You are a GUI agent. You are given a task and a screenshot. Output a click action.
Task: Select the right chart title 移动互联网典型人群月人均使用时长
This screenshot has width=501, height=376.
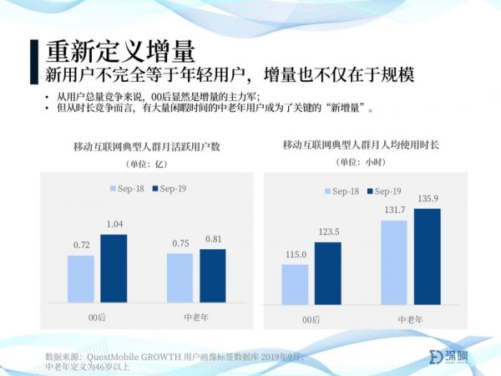(361, 145)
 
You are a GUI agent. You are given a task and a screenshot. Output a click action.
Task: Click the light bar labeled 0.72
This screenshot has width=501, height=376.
(81, 278)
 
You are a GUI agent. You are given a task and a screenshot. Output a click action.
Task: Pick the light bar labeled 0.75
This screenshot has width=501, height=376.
(180, 277)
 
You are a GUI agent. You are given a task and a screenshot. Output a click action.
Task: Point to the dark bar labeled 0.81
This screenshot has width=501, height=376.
(212, 275)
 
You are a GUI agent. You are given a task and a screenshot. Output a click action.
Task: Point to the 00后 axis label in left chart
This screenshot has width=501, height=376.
(98, 318)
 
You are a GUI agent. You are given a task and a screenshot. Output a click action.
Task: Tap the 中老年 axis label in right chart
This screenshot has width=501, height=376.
(410, 320)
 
